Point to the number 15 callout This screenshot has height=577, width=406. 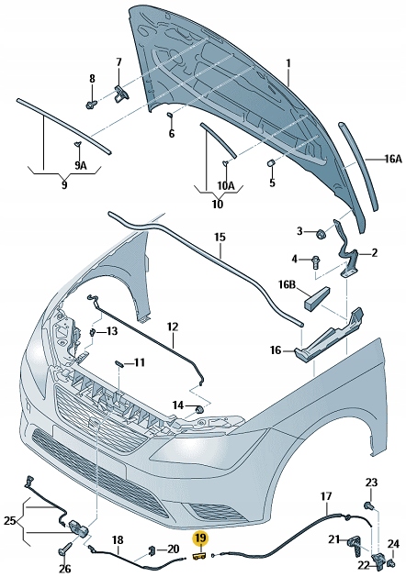click(x=220, y=237)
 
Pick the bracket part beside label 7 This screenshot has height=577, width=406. click(x=122, y=92)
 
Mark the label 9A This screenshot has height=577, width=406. click(x=80, y=166)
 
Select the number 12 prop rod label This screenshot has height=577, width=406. click(x=172, y=326)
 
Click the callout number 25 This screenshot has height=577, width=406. click(x=10, y=521)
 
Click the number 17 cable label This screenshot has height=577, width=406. click(x=325, y=496)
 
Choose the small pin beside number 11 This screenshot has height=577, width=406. click(x=120, y=363)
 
